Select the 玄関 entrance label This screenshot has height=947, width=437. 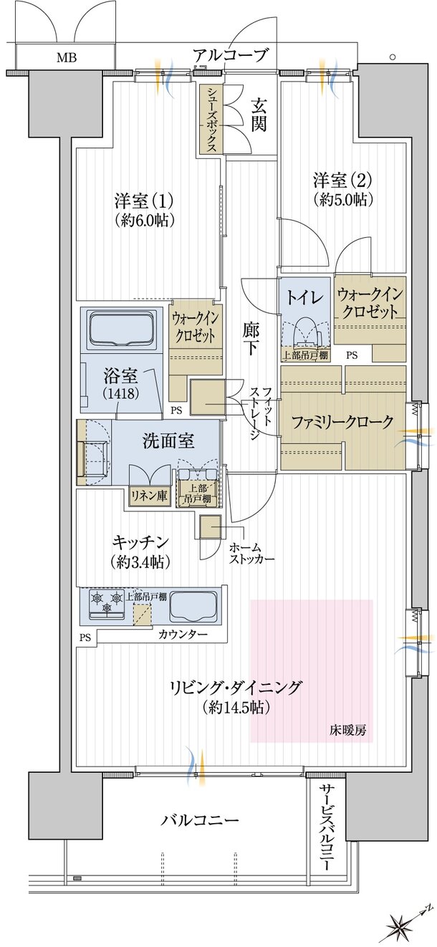(x=259, y=115)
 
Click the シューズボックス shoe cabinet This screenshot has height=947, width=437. (x=211, y=120)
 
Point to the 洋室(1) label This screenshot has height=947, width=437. (x=144, y=210)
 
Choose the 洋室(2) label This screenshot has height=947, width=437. (x=343, y=189)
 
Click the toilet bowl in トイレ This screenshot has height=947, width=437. (x=305, y=332)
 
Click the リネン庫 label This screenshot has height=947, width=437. (x=148, y=495)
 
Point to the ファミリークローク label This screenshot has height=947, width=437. (x=342, y=423)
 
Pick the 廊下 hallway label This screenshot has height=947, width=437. (x=251, y=339)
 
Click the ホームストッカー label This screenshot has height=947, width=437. (x=251, y=554)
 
